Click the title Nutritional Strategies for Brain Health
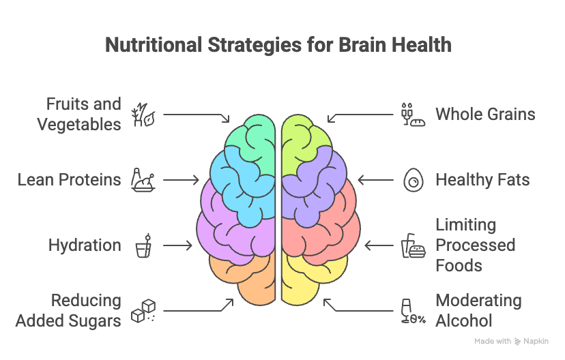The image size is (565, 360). click(x=278, y=46)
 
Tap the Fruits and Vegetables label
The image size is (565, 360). click(x=79, y=114)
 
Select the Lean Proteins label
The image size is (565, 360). click(x=69, y=180)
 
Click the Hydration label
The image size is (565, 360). click(x=85, y=245)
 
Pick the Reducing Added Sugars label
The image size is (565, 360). click(x=68, y=310)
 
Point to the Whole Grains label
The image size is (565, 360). click(x=485, y=114)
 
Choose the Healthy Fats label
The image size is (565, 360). click(x=482, y=180)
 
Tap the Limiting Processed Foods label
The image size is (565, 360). click(x=475, y=245)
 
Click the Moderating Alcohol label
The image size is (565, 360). click(x=478, y=310)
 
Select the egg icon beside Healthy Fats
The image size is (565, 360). click(x=412, y=180)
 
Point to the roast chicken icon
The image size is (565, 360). click(x=143, y=180)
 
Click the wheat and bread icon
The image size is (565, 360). click(x=412, y=115)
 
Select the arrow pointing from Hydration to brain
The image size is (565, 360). click(x=178, y=245)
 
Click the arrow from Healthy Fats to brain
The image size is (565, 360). click(x=376, y=180)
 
